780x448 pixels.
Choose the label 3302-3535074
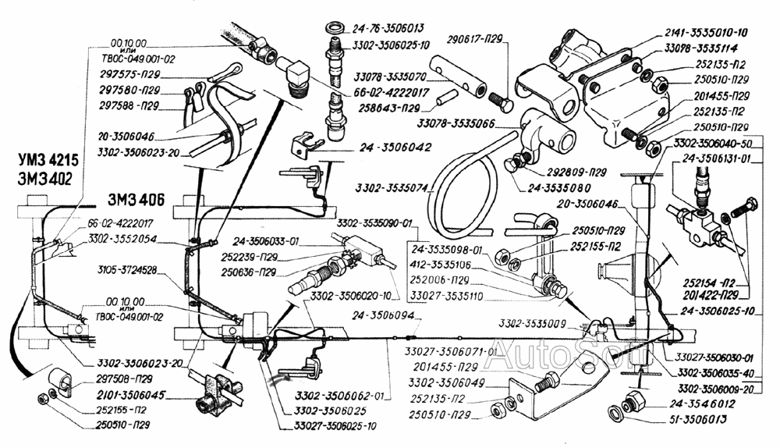pyautogui.click(x=391, y=187)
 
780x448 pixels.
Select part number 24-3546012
pyautogui.click(x=699, y=404)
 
